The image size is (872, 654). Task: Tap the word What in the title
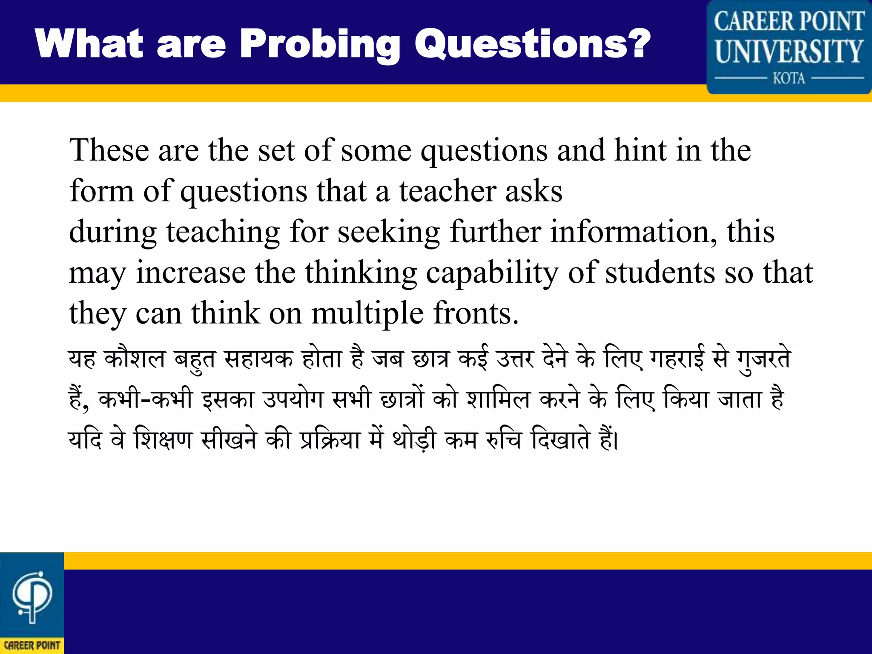pyautogui.click(x=89, y=43)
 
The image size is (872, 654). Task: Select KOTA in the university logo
pyautogui.click(x=789, y=78)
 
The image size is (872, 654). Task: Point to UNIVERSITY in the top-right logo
pyautogui.click(x=789, y=52)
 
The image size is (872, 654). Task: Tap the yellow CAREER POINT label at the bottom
pyautogui.click(x=32, y=645)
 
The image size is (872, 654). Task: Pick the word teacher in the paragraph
pyautogui.click(x=447, y=191)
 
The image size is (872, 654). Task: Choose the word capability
pyautogui.click(x=492, y=273)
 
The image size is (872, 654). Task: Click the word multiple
pyautogui.click(x=367, y=313)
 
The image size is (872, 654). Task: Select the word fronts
pyautogui.click(x=476, y=313)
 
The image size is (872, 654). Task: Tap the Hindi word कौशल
pyautogui.click(x=135, y=359)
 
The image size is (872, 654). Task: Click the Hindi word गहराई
pyautogui.click(x=677, y=359)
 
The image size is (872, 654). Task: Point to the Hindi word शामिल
pyautogui.click(x=498, y=400)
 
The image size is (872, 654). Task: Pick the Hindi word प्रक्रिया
pyautogui.click(x=330, y=440)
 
